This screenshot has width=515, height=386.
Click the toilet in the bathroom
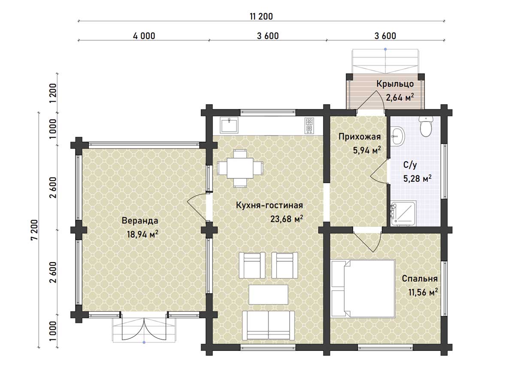(426, 126)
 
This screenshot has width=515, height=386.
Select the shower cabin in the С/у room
(403, 213)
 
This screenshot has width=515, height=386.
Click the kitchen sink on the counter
(229, 125)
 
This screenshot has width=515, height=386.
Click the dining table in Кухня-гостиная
(240, 168)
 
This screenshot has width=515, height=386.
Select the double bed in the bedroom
(363, 289)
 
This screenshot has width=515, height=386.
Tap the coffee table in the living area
(268, 294)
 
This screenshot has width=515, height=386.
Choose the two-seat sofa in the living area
(268, 325)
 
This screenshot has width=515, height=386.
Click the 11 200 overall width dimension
(261, 17)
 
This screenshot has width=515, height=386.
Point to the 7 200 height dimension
(34, 230)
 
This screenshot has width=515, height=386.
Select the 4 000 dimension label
(144, 36)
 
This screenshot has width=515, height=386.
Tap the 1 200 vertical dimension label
(53, 93)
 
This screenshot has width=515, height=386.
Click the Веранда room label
(140, 221)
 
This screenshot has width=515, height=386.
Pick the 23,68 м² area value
(287, 219)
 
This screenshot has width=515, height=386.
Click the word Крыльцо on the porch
(395, 84)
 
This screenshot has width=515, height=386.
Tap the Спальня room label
(420, 279)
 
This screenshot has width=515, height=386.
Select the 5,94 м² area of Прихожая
(367, 150)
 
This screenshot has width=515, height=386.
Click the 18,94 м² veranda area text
(142, 234)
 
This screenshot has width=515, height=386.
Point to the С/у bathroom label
(410, 165)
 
